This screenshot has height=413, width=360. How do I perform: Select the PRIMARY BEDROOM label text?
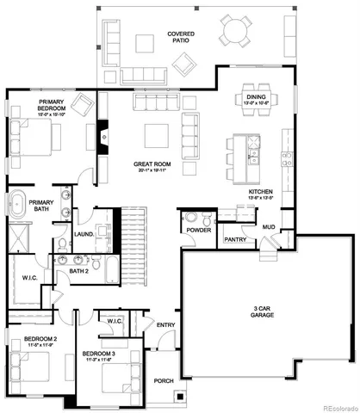pyautogui.click(x=53, y=107)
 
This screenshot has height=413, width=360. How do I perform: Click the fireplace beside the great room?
pyautogui.click(x=103, y=136)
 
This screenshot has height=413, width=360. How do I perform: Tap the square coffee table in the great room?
pyautogui.click(x=156, y=135)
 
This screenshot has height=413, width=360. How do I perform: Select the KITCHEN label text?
pyautogui.click(x=261, y=194)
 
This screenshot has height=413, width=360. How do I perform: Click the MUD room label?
pyautogui.click(x=268, y=227)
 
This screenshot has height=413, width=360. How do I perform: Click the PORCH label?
pyautogui.click(x=163, y=381)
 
